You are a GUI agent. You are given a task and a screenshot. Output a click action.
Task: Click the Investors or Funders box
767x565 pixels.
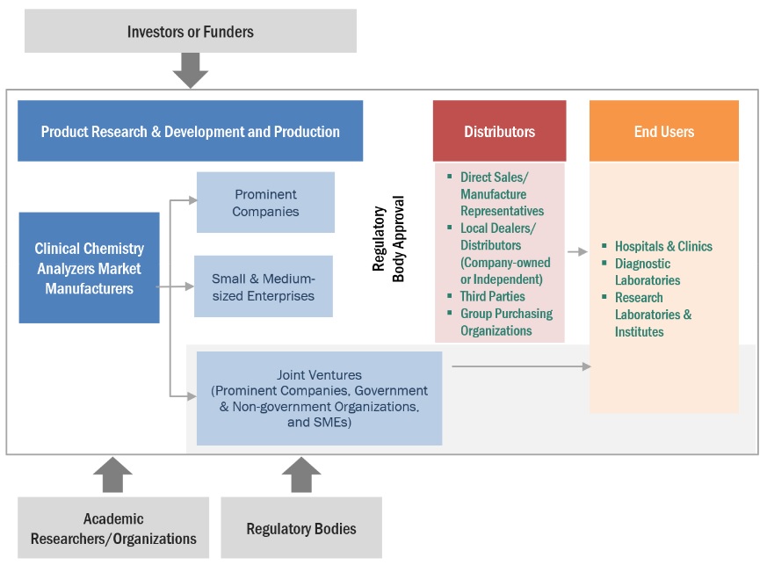tap(190, 32)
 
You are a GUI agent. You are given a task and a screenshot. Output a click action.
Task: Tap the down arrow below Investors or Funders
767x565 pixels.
tap(190, 70)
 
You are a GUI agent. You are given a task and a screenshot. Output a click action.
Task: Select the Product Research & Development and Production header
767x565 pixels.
tap(190, 131)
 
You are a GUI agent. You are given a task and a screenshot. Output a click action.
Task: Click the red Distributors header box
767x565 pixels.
tap(499, 131)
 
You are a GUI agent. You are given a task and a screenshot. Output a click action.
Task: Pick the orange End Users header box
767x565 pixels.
tap(663, 131)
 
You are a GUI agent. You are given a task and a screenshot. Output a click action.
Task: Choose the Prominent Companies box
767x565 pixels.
tap(265, 202)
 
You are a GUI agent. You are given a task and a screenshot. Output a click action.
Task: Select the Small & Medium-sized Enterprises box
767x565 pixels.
tap(263, 286)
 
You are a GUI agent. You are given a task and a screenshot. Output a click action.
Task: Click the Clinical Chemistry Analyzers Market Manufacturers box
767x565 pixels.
tap(89, 268)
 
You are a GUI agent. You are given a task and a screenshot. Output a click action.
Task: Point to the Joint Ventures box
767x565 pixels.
tap(319, 398)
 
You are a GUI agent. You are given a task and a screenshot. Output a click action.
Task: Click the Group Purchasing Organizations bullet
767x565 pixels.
tap(506, 322)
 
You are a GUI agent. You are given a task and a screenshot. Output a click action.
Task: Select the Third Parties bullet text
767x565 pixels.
tap(492, 296)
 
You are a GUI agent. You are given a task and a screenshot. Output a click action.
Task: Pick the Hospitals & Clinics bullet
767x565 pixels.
tap(663, 246)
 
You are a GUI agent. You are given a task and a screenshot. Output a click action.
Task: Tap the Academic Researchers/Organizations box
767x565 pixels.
tap(113, 528)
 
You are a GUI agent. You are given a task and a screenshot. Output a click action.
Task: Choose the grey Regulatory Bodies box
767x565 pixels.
tap(301, 528)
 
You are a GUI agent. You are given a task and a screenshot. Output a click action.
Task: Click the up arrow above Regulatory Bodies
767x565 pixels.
tap(301, 474)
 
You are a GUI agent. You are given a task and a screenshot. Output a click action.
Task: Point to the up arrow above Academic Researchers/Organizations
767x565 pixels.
tap(112, 474)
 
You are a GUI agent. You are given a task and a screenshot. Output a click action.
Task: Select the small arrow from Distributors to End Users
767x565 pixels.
tap(577, 252)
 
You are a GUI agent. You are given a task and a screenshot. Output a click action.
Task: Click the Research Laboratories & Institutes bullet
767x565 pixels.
tap(653, 314)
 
